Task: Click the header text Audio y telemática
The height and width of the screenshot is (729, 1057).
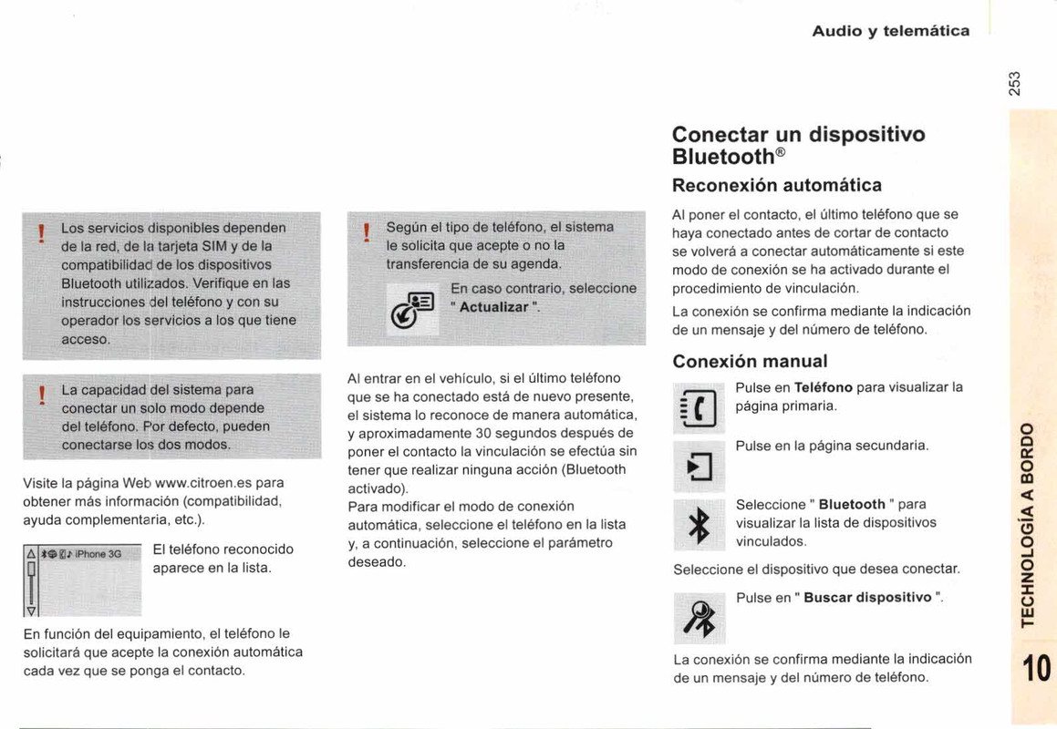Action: pyautogui.click(x=891, y=31)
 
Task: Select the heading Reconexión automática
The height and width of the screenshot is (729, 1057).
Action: pyautogui.click(x=776, y=185)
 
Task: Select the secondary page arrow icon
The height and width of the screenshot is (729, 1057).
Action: pyautogui.click(x=699, y=467)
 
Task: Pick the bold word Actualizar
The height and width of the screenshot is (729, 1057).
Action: pyautogui.click(x=494, y=307)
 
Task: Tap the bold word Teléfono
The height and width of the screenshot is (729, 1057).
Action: pyautogui.click(x=824, y=386)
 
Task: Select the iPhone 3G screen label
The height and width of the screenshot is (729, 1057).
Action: pyautogui.click(x=98, y=553)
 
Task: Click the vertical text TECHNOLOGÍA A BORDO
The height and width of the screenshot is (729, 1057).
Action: pyautogui.click(x=1029, y=523)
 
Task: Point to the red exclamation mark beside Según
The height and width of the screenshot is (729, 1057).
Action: pyautogui.click(x=366, y=234)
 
